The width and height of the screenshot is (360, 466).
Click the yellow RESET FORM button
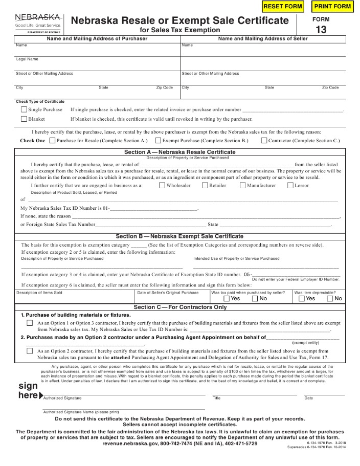(283, 6)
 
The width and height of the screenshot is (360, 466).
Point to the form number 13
(321, 29)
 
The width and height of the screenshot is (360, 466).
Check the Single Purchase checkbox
(24, 109)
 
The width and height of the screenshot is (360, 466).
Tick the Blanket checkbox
(24, 119)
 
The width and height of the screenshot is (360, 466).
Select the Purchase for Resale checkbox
(52, 140)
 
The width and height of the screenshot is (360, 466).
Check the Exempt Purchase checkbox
(159, 140)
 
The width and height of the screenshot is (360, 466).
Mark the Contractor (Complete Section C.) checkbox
(264, 140)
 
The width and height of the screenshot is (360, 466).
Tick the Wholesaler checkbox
(162, 185)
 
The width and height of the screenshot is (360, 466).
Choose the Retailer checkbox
(205, 185)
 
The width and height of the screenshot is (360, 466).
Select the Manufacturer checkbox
(243, 185)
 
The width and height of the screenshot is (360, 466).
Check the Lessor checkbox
(290, 185)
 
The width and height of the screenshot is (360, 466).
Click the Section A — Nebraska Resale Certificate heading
(180, 152)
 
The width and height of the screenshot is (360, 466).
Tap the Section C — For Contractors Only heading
(180, 307)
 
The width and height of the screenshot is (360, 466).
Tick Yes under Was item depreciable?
(302, 299)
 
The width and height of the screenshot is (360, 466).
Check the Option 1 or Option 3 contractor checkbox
(30, 323)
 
